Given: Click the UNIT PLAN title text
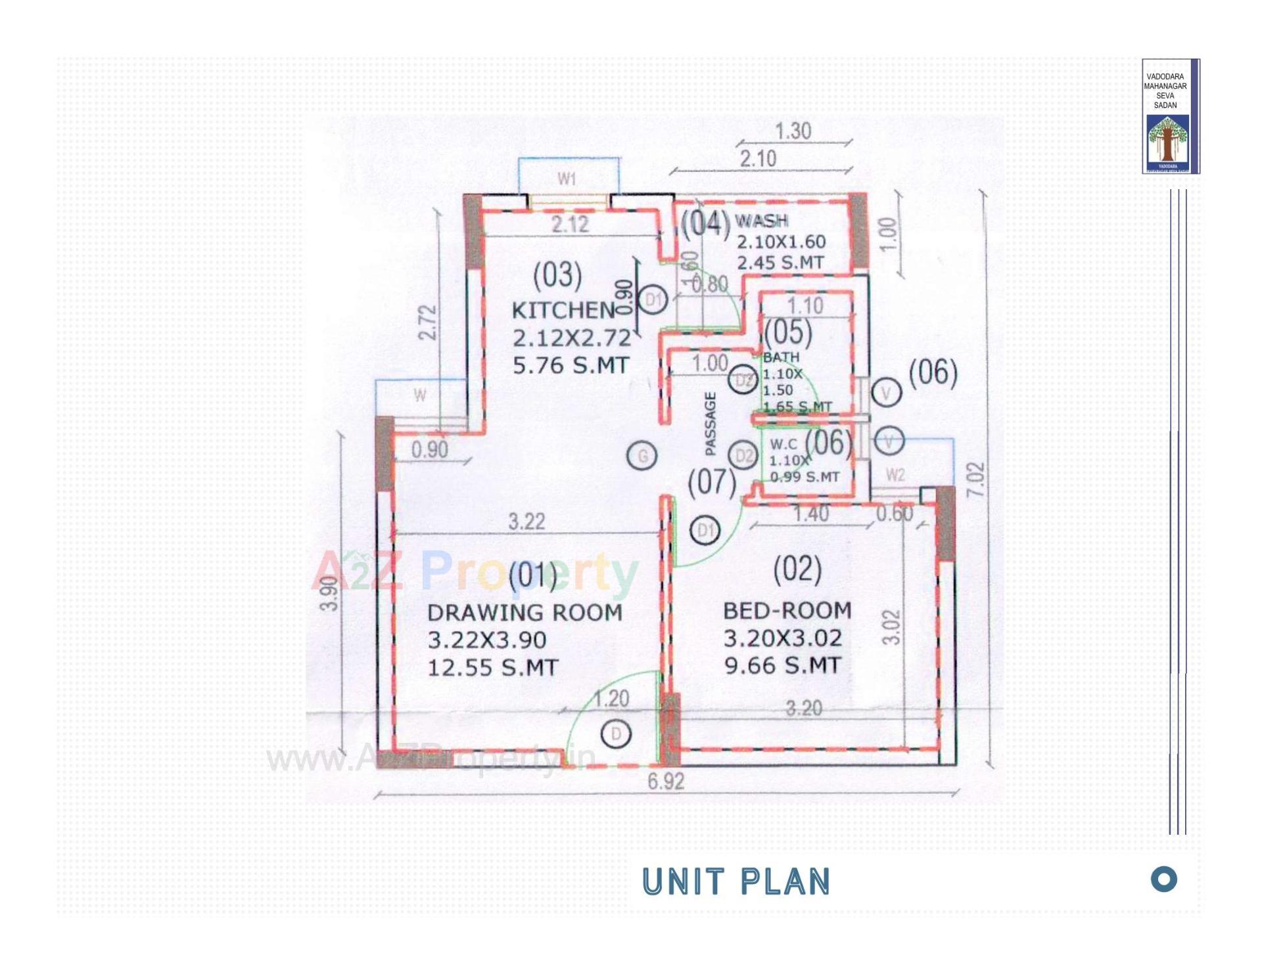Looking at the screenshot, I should tap(736, 881).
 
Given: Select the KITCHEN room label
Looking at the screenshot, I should tap(563, 310).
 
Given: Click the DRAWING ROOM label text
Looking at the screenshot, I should tap(525, 612).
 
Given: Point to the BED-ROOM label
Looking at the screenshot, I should tap(787, 610).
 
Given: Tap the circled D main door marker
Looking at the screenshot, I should tap(616, 734).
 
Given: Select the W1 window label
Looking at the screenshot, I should tap(567, 179).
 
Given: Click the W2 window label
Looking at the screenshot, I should tap(895, 474).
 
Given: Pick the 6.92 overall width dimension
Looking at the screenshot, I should tap(665, 782).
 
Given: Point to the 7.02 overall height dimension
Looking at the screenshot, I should tap(977, 479).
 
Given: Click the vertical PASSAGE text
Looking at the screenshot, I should tap(710, 424).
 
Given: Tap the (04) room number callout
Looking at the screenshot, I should tap(705, 223).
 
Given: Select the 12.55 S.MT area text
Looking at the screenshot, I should tap(492, 667).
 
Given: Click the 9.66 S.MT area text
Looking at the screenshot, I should tap(782, 665).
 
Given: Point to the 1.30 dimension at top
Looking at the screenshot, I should tap(793, 131).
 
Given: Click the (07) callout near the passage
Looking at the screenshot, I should tap(711, 481).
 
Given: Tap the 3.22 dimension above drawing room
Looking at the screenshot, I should tap(526, 521).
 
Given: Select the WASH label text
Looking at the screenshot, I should tap(761, 221).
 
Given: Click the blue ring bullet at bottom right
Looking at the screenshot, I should tap(1163, 879).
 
